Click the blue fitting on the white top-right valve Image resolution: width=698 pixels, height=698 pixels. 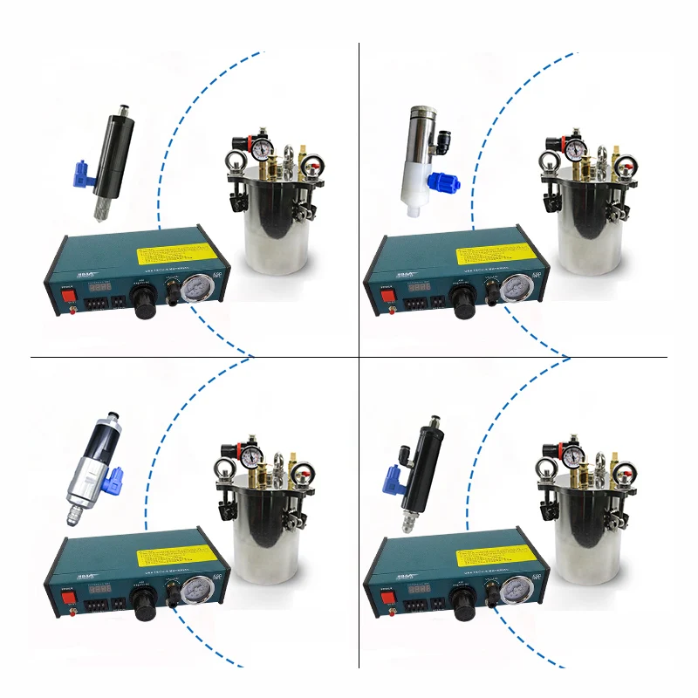click(x=438, y=181)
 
